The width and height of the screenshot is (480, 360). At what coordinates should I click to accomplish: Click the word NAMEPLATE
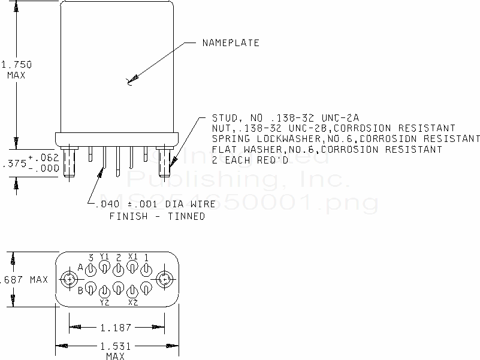(231, 43)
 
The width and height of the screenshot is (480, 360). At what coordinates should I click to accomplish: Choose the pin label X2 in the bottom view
(133, 303)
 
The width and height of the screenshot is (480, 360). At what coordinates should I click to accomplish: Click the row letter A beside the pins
(80, 267)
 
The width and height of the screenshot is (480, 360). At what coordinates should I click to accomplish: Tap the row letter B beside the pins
(80, 291)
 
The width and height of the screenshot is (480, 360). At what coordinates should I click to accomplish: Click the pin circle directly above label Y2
(104, 291)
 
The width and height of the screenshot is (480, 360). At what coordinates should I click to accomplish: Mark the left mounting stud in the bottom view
(70, 279)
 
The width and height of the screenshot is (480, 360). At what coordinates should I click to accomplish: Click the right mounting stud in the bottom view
(163, 279)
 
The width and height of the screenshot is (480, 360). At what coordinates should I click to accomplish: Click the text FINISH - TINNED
(157, 216)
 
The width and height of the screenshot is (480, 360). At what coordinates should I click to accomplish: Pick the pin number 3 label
(90, 257)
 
